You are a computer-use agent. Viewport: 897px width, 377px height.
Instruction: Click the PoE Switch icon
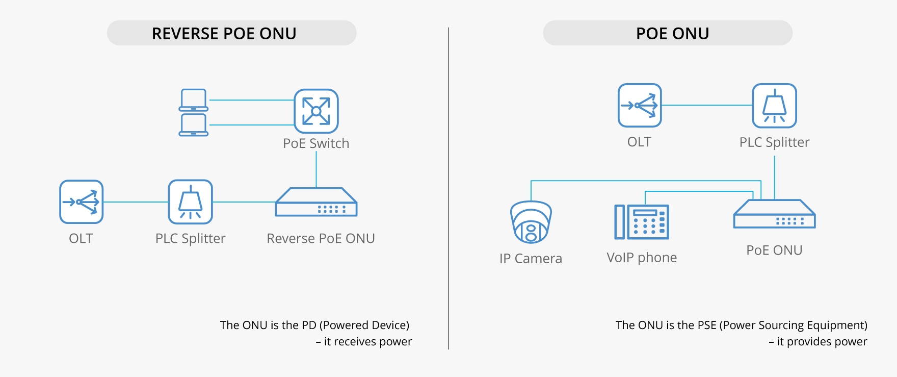pos(316,111)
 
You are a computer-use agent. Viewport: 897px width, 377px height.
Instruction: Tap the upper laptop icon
pos(194,100)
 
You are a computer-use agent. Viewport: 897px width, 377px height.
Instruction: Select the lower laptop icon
pos(194,125)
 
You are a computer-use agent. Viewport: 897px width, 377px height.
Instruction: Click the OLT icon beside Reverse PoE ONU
pos(82,202)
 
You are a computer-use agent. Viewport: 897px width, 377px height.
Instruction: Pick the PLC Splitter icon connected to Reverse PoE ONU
pos(190,202)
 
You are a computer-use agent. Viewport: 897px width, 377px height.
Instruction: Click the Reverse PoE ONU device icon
pos(316,203)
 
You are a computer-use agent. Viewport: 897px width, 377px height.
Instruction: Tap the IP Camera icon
pos(531,222)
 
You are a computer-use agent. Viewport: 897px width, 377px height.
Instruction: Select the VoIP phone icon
pos(642,222)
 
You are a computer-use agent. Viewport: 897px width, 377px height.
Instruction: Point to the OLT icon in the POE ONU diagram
pos(640,106)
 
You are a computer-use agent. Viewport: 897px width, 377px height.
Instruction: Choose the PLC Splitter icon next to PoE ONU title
pos(774,106)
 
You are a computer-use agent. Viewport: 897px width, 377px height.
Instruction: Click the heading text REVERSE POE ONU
pos(224,34)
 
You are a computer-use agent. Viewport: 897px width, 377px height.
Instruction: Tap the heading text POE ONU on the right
pos(672,34)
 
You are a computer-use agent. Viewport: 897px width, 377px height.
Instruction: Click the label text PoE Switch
pos(316,143)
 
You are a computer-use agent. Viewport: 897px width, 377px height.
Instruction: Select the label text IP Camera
pos(531,259)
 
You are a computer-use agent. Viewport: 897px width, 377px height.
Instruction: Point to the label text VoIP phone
pos(642,258)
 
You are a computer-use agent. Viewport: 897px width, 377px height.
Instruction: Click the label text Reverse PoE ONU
pos(321,239)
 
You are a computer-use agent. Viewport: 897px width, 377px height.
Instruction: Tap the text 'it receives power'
pos(367,342)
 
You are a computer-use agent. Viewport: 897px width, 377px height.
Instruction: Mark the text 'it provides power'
pos(822,342)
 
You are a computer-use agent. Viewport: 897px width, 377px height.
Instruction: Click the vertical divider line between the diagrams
pos(448,189)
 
